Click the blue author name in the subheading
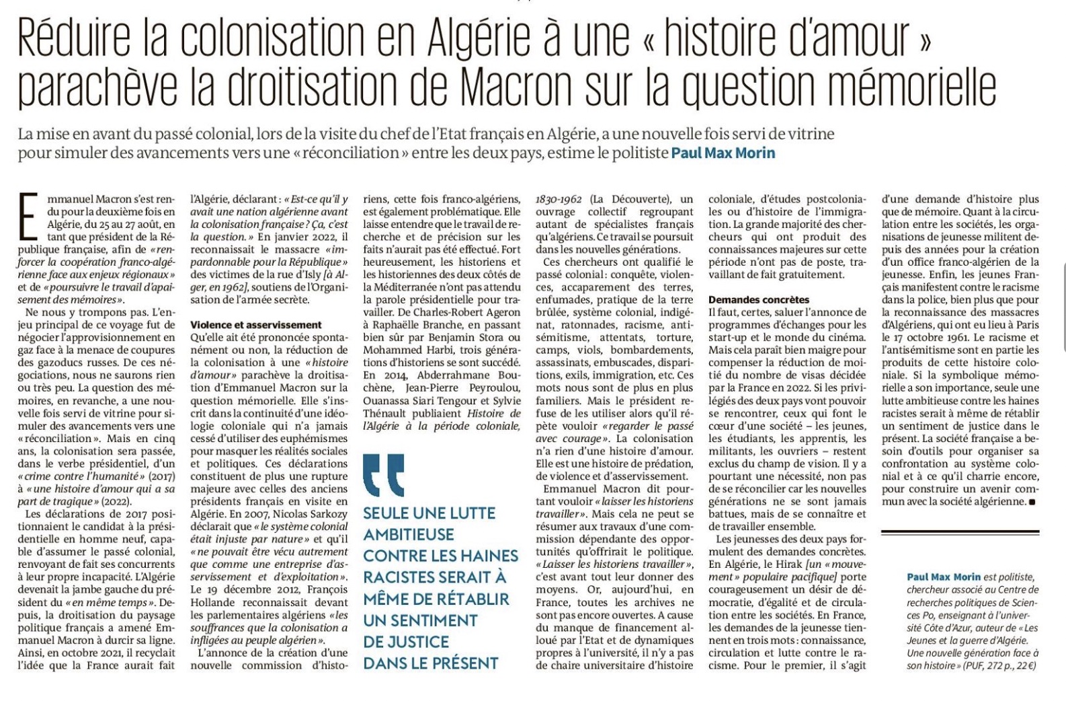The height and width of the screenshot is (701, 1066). tap(723, 153)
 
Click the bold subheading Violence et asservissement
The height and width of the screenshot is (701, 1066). tap(256, 325)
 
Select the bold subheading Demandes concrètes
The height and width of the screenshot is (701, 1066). tap(759, 299)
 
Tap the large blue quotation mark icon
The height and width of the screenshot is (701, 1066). tap(383, 475)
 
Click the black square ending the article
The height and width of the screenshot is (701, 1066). tap(1032, 502)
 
